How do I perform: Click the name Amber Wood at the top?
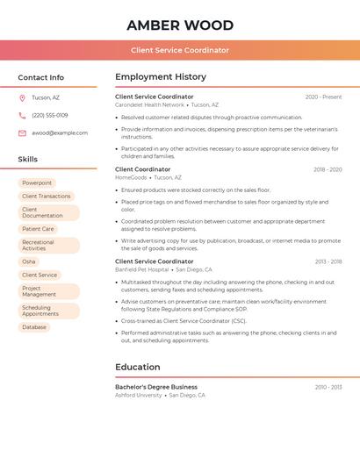click(x=180, y=25)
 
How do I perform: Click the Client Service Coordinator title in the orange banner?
click(x=180, y=50)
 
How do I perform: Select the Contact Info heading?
click(x=41, y=77)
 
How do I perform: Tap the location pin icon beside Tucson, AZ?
click(x=22, y=97)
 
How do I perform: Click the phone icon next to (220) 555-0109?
click(x=22, y=115)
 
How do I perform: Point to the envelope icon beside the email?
click(x=22, y=133)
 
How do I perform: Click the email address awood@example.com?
click(x=60, y=133)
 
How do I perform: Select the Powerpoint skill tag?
click(x=37, y=183)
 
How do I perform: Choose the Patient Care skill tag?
click(x=38, y=229)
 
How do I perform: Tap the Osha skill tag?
click(x=29, y=261)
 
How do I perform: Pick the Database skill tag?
click(x=34, y=327)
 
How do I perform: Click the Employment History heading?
click(x=161, y=77)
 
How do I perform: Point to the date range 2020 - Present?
click(x=323, y=97)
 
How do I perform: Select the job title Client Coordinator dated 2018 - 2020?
click(x=143, y=169)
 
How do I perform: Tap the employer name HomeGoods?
click(x=131, y=177)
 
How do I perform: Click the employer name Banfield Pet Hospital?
click(x=141, y=269)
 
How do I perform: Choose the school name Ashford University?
click(x=139, y=395)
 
